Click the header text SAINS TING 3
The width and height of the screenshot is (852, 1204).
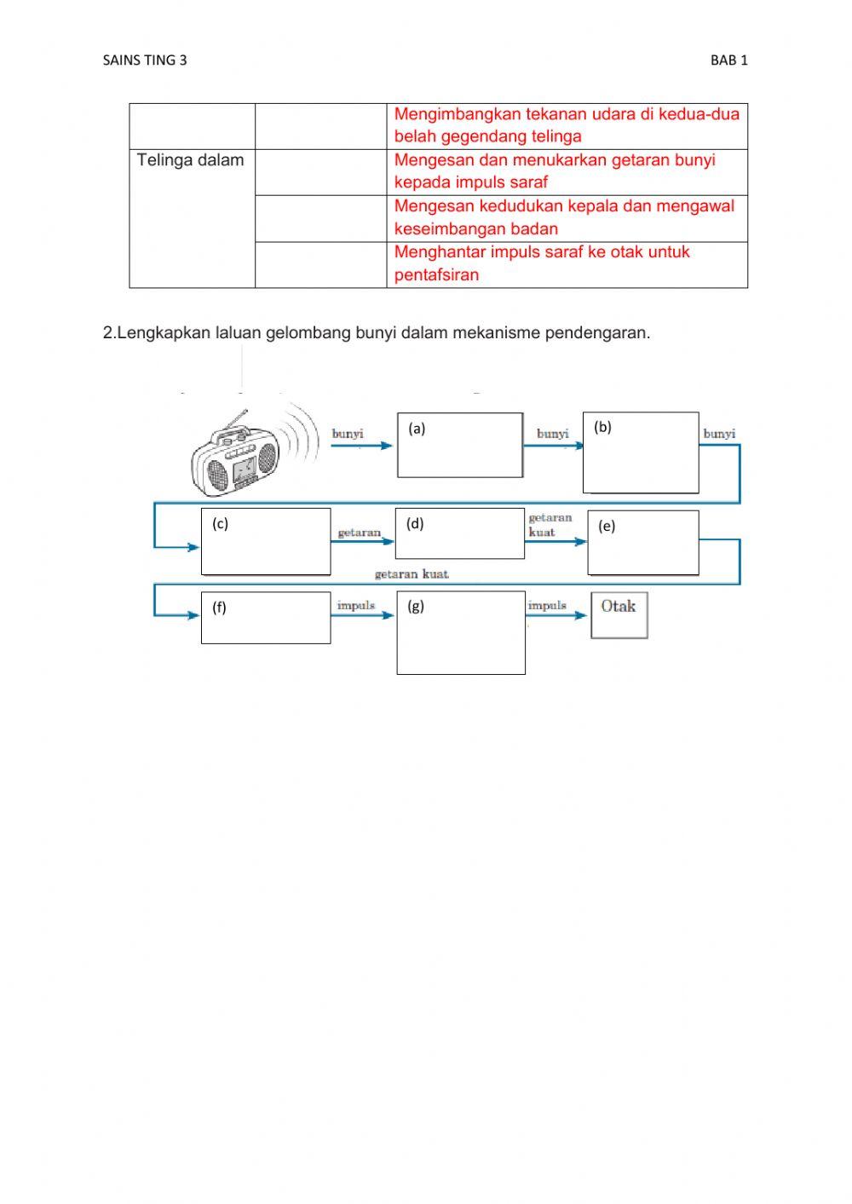[144, 60]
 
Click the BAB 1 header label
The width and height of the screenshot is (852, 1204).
[728, 60]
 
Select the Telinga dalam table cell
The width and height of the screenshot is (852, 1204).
[191, 160]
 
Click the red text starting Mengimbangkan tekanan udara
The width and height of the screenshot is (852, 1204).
[566, 125]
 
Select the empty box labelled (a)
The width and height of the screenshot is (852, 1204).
[460, 446]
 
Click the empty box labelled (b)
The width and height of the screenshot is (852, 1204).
[641, 452]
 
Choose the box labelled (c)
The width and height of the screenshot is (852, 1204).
[266, 542]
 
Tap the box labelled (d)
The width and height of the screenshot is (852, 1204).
[460, 534]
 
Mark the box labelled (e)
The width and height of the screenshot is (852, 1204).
[643, 543]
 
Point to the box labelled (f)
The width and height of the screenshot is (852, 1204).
[266, 618]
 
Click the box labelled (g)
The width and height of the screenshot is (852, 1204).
[461, 633]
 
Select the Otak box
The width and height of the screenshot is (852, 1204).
[619, 615]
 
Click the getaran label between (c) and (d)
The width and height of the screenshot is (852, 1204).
[359, 533]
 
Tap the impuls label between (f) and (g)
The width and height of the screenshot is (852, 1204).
[356, 605]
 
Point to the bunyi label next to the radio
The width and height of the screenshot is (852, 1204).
[348, 434]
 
